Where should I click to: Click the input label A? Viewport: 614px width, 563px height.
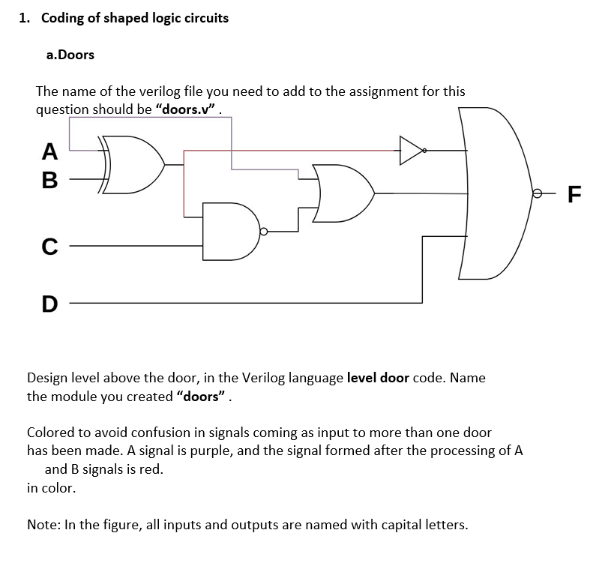coord(49,151)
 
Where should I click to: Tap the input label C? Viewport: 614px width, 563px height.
coord(49,246)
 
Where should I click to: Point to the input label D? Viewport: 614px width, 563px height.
coord(49,304)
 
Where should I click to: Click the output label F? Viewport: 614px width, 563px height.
coord(574,194)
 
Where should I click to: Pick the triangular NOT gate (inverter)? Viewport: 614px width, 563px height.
coord(410,150)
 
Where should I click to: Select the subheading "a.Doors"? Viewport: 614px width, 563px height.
coord(70,55)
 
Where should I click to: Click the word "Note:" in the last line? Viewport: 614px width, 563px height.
coord(44,525)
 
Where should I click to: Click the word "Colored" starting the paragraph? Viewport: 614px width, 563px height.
coord(51,433)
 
